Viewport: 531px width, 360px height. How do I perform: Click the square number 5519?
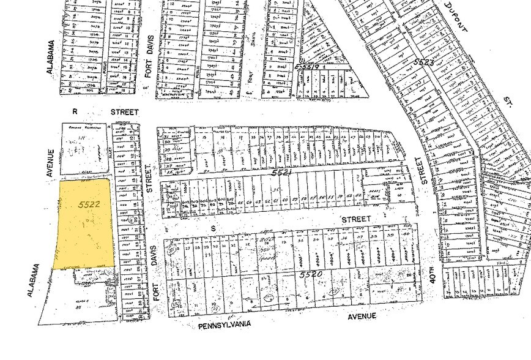tap(307, 66)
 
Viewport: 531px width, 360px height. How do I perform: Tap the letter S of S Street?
tap(214, 228)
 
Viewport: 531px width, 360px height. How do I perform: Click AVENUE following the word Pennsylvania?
tap(362, 317)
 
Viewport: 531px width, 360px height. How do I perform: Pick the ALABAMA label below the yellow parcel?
tap(34, 281)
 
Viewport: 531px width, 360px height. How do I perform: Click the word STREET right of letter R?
tap(124, 112)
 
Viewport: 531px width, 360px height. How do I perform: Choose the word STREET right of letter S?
tap(357, 219)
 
